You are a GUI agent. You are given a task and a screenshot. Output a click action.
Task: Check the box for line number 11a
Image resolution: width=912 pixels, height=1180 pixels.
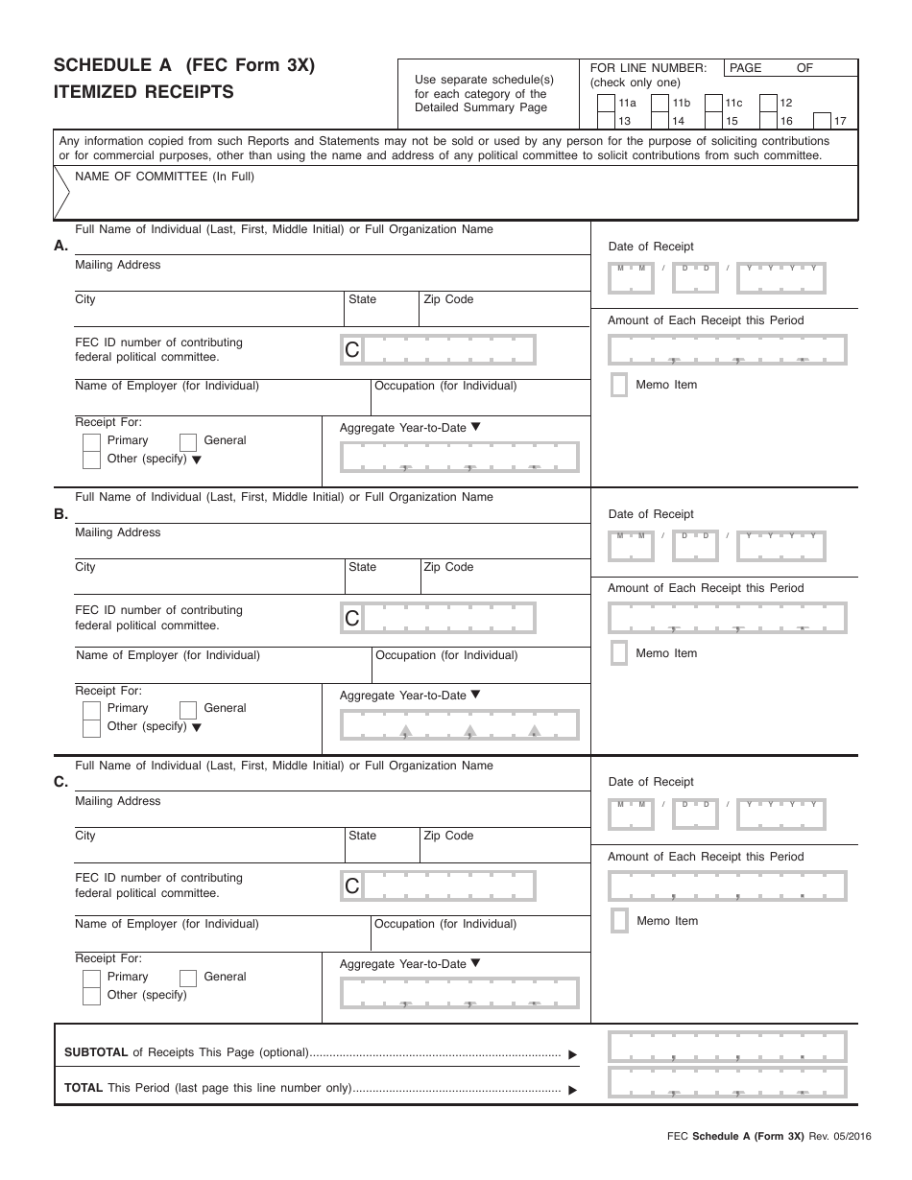606,104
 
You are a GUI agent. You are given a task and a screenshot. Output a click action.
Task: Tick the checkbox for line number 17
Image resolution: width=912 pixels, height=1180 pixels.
822,121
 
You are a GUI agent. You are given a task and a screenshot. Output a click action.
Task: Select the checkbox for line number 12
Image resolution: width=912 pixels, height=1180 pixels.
768,104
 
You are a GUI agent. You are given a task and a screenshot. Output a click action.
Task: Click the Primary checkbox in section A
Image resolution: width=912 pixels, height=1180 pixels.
91,441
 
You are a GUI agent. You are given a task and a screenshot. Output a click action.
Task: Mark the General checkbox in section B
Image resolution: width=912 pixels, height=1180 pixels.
188,709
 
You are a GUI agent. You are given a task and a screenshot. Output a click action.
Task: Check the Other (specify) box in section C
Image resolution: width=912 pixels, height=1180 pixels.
91,996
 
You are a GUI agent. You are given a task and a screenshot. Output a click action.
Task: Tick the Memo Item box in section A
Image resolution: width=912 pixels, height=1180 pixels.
619,385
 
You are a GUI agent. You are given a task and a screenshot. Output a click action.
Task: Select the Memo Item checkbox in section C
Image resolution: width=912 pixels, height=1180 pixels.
620,921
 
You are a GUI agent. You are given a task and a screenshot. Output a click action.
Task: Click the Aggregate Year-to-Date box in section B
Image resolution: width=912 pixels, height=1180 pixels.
460,725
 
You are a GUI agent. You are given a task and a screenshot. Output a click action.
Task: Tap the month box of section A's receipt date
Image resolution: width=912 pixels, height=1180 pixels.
631,277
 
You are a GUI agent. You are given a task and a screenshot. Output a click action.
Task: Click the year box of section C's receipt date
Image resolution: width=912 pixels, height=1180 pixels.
780,814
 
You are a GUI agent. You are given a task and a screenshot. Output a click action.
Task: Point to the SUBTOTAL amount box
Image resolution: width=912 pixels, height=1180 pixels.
728,1048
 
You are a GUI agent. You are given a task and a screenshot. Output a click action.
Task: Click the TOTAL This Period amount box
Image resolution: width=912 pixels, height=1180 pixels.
728,1083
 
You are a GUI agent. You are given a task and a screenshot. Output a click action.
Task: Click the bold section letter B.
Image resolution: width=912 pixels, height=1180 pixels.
60,514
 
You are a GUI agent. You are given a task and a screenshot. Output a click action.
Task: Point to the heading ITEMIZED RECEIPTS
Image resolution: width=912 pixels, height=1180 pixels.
143,93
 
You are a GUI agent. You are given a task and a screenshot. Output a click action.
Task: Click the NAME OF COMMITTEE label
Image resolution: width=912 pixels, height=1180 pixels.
164,177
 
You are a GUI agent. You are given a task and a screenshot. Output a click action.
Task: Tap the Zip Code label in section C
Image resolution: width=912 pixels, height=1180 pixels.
448,836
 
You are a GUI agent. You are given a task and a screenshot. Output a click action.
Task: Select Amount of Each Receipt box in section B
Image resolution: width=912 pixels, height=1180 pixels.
728,619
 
